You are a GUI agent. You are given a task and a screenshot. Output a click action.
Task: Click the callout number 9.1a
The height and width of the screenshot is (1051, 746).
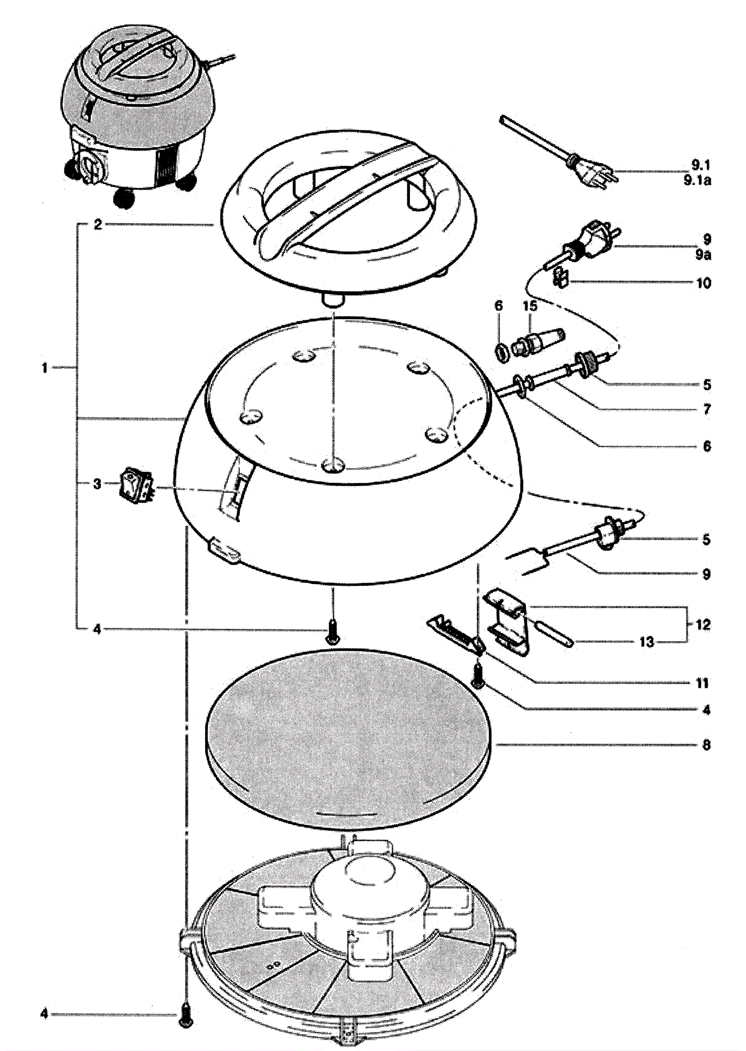point(697,181)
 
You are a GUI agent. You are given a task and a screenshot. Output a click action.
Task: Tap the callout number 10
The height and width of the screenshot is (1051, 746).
point(704,283)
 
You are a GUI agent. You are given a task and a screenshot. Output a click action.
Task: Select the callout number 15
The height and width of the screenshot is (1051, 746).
point(530,306)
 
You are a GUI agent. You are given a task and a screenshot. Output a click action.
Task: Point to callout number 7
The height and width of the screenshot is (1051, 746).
point(707,409)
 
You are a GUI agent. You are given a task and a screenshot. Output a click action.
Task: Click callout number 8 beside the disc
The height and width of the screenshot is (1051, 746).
point(706,745)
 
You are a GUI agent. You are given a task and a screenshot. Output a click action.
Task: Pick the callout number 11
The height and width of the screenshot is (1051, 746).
point(702,683)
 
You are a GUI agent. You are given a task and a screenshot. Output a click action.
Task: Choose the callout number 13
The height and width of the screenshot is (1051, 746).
point(647,642)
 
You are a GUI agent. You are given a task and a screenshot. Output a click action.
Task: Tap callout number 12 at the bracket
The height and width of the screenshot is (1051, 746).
point(703,625)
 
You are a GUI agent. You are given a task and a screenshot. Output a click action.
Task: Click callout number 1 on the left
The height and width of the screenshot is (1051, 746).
point(44,368)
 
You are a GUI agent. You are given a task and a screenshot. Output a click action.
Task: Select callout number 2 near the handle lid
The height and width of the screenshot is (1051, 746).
point(97,225)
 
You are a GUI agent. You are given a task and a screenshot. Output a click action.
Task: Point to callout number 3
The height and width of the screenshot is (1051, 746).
point(97,484)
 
